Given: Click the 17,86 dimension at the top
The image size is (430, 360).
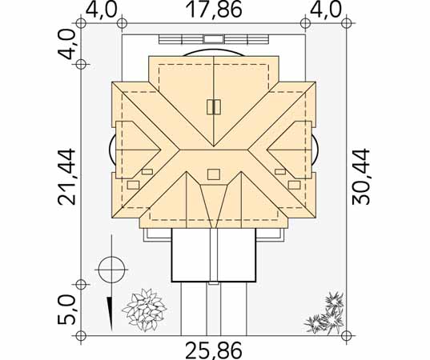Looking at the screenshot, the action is [214, 10].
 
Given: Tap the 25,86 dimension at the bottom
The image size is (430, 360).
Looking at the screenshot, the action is [214, 350].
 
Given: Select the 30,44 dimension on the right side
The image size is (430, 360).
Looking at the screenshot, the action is [361, 177].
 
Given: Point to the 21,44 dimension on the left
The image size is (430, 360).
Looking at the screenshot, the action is [66, 177].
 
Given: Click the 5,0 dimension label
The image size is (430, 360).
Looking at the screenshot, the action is [66, 310].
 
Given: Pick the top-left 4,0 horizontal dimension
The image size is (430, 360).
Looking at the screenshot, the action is [101, 10].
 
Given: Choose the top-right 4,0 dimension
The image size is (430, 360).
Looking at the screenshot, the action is [326, 10].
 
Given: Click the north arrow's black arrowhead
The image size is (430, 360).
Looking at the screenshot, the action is [111, 314].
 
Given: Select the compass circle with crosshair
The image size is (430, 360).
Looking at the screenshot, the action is [112, 270].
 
